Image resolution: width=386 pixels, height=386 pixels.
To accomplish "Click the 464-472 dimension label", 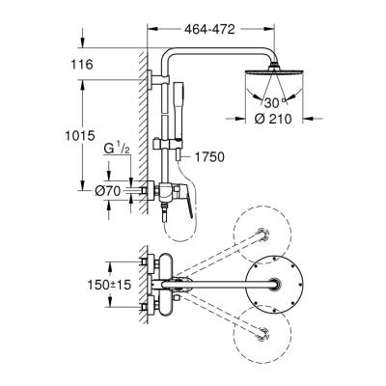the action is tap(209, 30).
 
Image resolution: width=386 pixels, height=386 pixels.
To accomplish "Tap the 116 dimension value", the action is tap(82, 65).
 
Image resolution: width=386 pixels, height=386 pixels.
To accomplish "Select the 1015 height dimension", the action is tap(80, 135).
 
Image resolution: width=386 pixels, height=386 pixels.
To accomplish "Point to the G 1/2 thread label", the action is tap(117, 150).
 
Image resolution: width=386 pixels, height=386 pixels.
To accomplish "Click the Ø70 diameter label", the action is tap(107, 191).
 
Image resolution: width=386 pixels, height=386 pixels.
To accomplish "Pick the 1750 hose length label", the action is tap(209, 157).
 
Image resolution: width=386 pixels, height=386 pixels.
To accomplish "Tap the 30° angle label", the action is tap(275, 103).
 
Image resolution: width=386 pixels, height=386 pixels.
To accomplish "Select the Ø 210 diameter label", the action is tap(273, 119).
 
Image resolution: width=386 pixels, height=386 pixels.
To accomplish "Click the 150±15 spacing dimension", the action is tap(110, 285).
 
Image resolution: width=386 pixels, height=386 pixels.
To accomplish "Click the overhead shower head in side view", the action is tap(274, 71).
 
